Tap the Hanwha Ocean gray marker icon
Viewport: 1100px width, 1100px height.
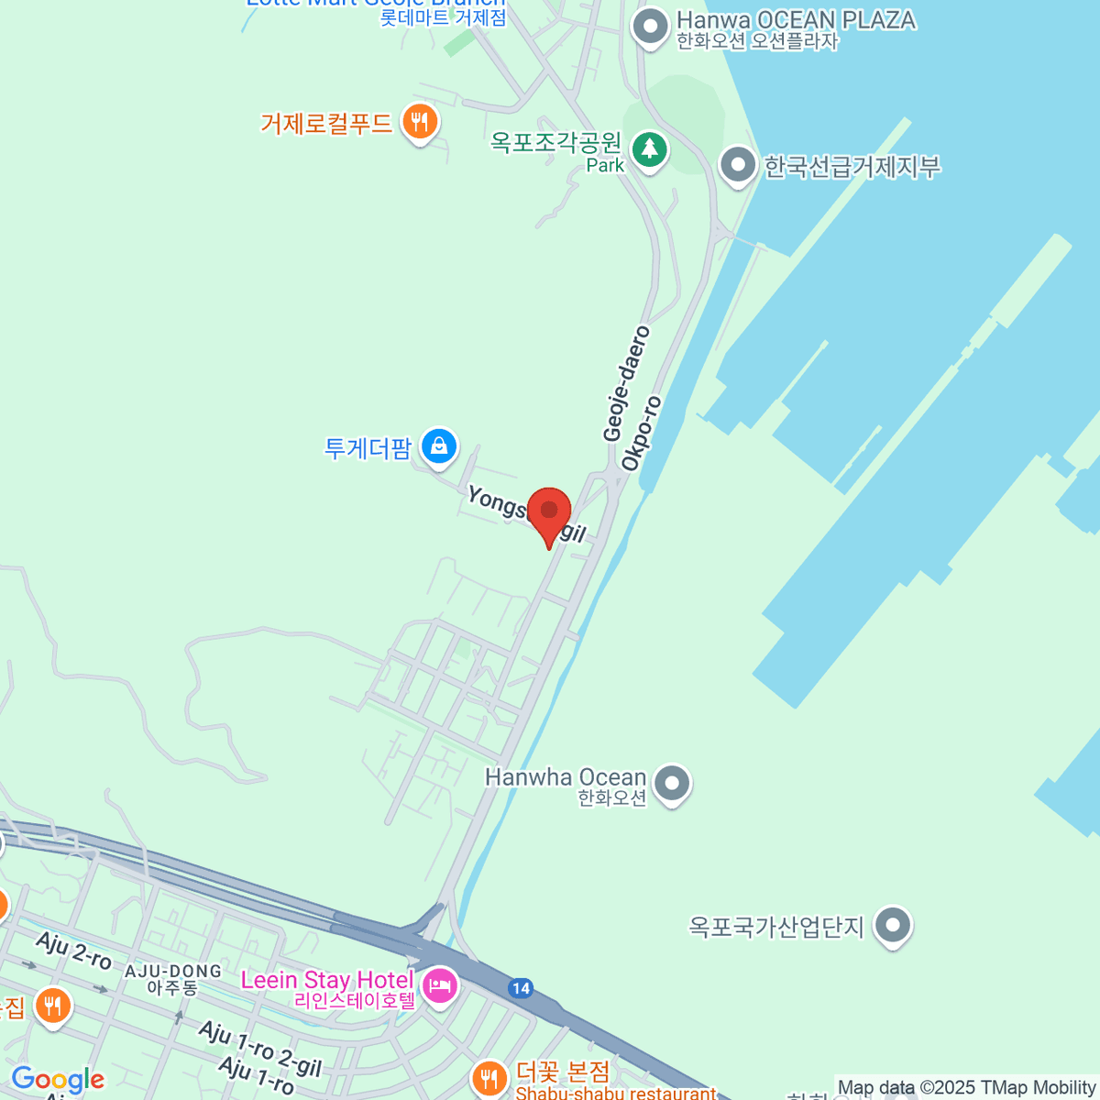(x=674, y=784)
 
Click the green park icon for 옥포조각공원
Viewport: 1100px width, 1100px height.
(x=650, y=148)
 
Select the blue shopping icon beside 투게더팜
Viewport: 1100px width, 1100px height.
(x=439, y=447)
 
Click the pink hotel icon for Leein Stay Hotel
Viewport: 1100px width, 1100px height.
(x=441, y=987)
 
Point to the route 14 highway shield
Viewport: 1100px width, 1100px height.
(x=521, y=988)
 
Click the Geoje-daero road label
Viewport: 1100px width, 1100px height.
(x=626, y=383)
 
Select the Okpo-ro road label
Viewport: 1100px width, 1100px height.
(x=641, y=434)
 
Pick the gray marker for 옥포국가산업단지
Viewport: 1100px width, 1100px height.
(x=893, y=926)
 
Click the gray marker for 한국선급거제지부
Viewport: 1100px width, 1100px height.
(x=738, y=166)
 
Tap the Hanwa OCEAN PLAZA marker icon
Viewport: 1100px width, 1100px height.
(x=651, y=27)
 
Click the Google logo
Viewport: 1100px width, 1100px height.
(x=58, y=1080)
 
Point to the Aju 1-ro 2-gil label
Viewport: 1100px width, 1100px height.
(x=260, y=1049)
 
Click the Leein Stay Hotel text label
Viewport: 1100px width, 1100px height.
(x=327, y=980)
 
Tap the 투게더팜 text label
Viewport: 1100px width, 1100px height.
(x=368, y=448)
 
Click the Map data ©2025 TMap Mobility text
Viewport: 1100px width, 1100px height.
(x=967, y=1088)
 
